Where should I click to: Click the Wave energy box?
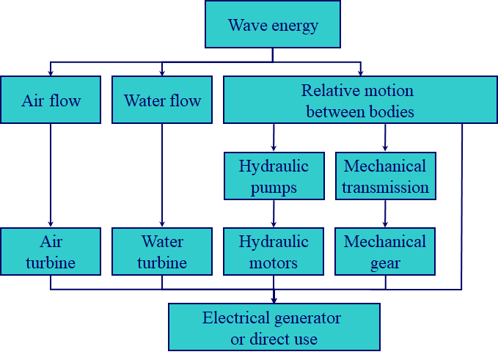[x=273, y=25]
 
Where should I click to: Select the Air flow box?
[x=51, y=100]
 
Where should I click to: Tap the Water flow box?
[x=162, y=100]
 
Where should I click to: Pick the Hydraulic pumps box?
[x=274, y=176]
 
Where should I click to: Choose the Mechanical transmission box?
[x=385, y=176]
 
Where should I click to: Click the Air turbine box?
[x=51, y=251]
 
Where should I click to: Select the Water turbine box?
[x=162, y=251]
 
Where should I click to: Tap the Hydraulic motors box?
[x=274, y=251]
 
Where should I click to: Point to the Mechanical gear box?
[x=385, y=251]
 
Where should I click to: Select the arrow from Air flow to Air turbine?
[x=51, y=176]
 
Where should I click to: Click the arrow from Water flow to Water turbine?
[x=162, y=176]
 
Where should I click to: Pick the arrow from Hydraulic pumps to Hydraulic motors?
[x=274, y=213]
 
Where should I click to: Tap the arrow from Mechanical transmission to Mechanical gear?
[x=385, y=213]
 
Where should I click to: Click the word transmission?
[x=385, y=187]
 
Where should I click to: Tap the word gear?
[x=385, y=262]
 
